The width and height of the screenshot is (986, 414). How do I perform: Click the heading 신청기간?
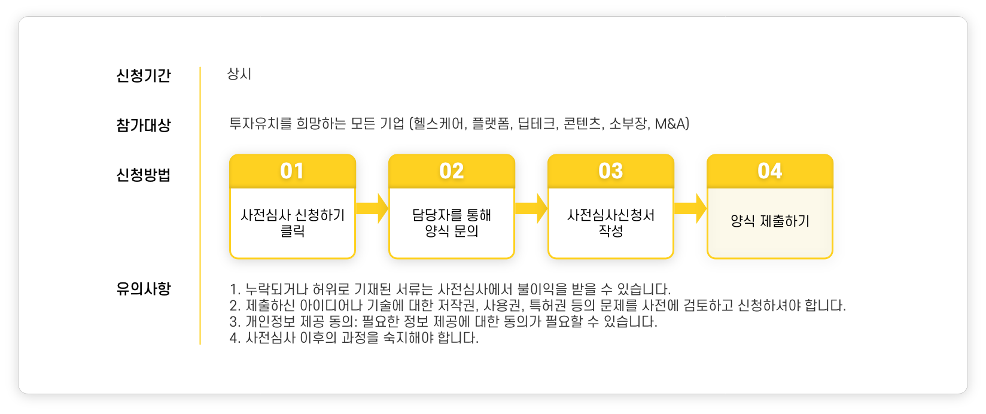pos(143,75)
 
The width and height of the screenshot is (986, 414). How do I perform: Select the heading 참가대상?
pos(143,125)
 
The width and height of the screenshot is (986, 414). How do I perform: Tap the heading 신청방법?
pos(143,175)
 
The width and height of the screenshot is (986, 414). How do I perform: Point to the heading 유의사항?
pos(143,288)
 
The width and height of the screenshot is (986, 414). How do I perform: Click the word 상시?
pos(239,74)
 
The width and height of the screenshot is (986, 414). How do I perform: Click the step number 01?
pos(292,171)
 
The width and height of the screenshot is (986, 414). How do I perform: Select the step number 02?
pos(451,171)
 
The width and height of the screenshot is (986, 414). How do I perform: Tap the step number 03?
pos(610,171)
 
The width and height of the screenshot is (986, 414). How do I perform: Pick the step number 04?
pos(769,171)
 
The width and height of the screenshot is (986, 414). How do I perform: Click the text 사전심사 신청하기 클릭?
pos(293,223)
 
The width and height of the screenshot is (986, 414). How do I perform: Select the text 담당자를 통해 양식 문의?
pos(452,223)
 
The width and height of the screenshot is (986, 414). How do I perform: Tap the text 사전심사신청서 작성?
pos(611,223)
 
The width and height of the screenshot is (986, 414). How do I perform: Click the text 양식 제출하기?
pos(770,221)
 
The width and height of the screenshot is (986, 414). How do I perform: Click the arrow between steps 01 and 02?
pos(372,208)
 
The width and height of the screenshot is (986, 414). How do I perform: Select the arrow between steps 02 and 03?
pos(531,208)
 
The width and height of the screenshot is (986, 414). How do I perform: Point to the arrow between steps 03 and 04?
pos(690,208)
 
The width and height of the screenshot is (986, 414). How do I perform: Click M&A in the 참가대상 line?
pos(671,124)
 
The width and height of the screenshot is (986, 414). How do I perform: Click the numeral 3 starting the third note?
pos(234,322)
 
